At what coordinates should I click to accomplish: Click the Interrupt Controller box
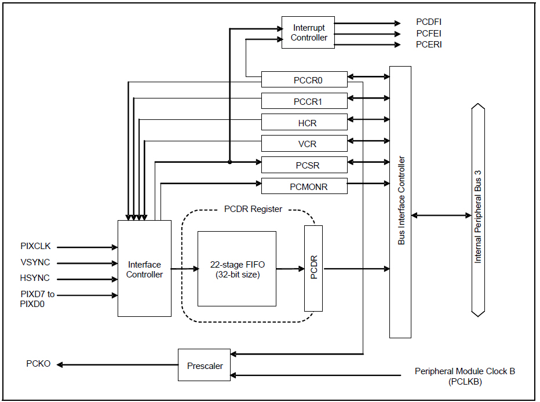[308, 32]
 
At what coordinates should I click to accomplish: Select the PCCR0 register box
[304, 80]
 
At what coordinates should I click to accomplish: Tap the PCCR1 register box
[304, 101]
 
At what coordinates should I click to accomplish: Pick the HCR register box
[304, 123]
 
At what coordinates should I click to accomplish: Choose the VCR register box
[304, 144]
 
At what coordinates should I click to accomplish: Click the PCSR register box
[304, 165]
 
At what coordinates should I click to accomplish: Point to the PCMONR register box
[304, 187]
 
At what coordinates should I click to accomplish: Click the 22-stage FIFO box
[237, 269]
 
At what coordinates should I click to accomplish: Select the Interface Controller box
[144, 269]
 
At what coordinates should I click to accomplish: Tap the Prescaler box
[205, 365]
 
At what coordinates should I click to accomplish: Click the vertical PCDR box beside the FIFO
[313, 269]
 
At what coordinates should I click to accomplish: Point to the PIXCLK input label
[35, 247]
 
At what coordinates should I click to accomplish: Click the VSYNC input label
[35, 262]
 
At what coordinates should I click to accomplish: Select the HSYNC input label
[35, 278]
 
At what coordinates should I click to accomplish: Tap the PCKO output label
[38, 364]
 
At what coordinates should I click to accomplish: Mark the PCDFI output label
[429, 23]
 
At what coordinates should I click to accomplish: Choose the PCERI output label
[429, 44]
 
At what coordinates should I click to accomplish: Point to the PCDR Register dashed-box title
[253, 209]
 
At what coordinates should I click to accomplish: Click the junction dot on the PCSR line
[230, 162]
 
